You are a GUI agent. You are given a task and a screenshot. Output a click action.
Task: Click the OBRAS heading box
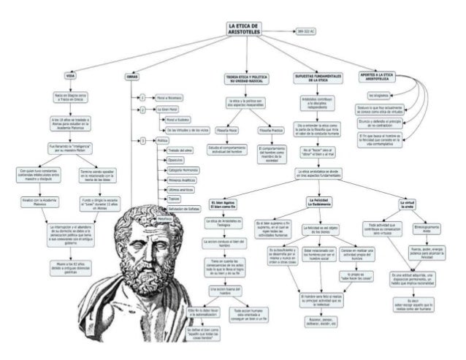pyautogui.click(x=131, y=75)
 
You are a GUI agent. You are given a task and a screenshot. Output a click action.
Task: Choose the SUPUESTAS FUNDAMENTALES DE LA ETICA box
pyautogui.click(x=318, y=77)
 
